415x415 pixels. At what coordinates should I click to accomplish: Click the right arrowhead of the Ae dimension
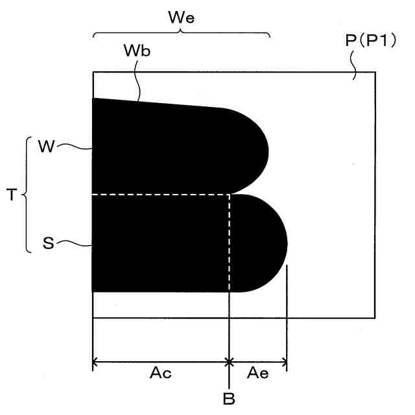[283, 361]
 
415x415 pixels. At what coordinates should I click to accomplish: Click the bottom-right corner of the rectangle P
[375, 318]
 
